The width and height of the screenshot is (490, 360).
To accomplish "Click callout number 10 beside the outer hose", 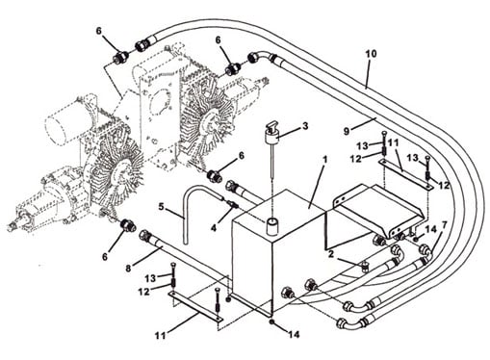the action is (371, 54).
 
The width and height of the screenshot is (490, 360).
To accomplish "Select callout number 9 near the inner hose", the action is (347, 131).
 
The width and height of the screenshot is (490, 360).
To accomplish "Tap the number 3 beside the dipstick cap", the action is (305, 126).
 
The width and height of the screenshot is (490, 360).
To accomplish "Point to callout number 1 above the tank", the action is (324, 159).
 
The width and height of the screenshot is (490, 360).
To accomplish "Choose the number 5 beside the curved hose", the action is (161, 207).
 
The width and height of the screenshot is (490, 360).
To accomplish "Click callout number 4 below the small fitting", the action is (214, 227).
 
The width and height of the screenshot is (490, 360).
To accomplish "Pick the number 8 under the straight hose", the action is (128, 269).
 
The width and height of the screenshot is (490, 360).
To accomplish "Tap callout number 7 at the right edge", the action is (444, 225).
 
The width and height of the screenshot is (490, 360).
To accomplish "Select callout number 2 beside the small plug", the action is (331, 254).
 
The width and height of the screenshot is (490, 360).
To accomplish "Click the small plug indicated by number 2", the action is (364, 266).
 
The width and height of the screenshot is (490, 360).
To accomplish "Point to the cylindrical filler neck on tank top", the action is (272, 225).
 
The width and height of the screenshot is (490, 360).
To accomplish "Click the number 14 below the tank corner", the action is (294, 335).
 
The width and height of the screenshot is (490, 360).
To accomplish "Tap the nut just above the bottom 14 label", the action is (272, 322).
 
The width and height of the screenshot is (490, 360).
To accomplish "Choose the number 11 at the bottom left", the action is (160, 336).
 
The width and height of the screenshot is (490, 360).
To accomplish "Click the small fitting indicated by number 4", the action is (232, 204).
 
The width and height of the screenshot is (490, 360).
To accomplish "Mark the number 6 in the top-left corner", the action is (99, 31).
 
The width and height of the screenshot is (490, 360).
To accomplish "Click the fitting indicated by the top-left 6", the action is (121, 58).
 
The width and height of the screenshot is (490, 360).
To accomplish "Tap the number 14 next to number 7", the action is (431, 229).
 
